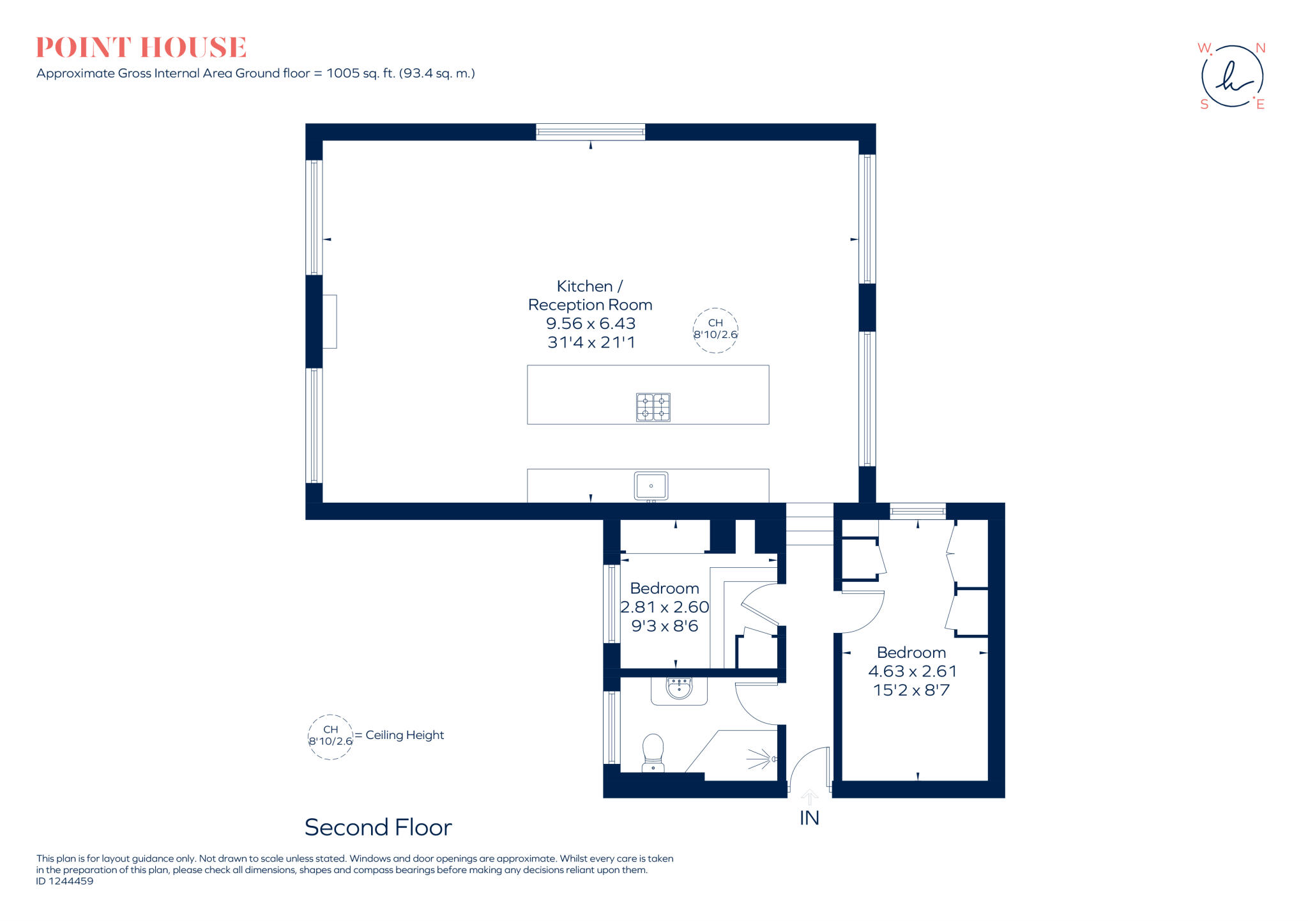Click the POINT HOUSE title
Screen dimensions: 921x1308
[x=141, y=47]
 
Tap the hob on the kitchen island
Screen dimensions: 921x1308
[x=653, y=407]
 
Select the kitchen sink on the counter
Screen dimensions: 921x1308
[x=651, y=486]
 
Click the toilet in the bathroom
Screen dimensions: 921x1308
[x=653, y=752]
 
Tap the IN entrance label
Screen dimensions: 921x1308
[x=809, y=818]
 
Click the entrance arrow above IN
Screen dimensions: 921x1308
[x=809, y=797]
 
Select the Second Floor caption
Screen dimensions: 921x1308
[x=378, y=828]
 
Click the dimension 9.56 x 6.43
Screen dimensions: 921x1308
[x=590, y=324]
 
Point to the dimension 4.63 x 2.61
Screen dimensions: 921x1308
[x=912, y=671]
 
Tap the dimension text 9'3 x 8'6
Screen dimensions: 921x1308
[x=664, y=626]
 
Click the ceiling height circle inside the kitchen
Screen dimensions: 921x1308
[x=715, y=330]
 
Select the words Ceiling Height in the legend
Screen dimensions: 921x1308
[x=404, y=735]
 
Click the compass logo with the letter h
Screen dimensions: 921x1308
[x=1232, y=77]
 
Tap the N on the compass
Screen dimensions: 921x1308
[x=1260, y=49]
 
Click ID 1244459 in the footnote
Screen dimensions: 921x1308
[x=65, y=881]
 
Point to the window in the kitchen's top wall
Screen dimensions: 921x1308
[x=590, y=132]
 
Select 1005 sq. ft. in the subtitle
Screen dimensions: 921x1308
[x=361, y=73]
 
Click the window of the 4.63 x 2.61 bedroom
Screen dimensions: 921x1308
[x=918, y=511]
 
